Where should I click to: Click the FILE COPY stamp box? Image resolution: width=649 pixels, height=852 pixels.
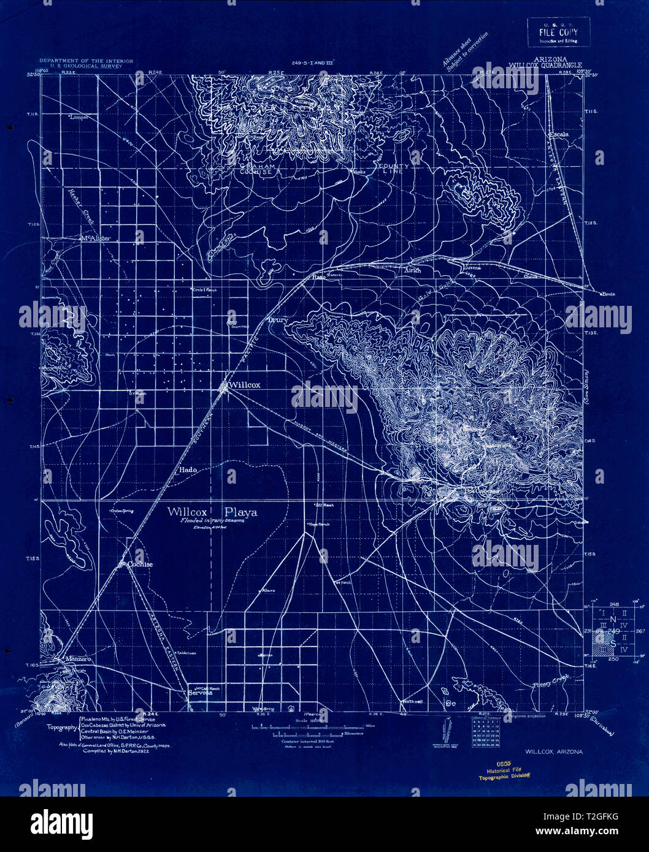(x=558, y=32)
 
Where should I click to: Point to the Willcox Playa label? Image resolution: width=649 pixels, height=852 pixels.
(x=212, y=512)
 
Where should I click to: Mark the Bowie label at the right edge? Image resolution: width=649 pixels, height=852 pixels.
(x=608, y=294)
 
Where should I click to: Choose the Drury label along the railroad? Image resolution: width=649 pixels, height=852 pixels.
(x=277, y=319)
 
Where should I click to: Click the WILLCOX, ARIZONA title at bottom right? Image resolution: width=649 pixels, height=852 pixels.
(x=553, y=750)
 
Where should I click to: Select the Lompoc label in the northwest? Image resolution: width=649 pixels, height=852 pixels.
(x=79, y=116)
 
